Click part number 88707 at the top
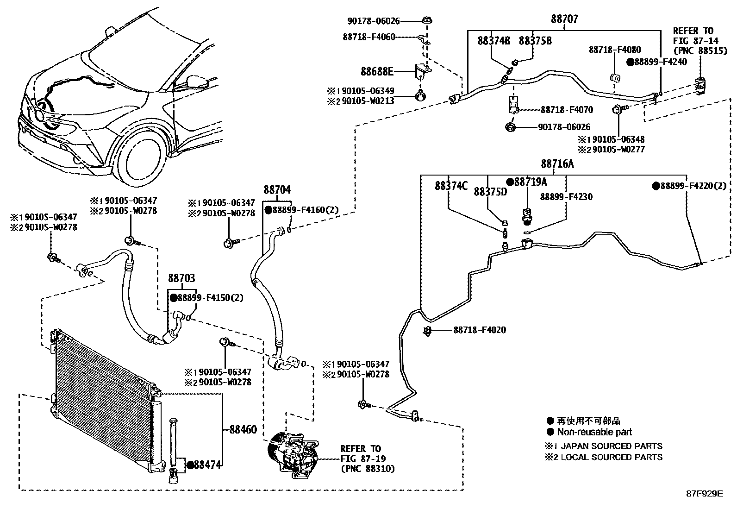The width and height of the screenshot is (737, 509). pos(564,19)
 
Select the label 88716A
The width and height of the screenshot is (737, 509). pos(557,164)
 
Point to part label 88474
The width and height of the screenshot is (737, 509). pos(206,465)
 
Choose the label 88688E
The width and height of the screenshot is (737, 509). pos(377,71)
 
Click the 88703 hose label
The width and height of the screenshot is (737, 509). pos(181,278)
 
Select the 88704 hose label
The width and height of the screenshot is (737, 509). pos(277,190)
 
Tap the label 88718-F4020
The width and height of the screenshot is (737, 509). pos(479,330)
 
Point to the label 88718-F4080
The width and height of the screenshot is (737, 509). pos(615,50)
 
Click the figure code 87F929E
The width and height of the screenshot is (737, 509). pos(704,494)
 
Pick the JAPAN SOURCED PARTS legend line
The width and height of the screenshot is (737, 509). pos(609,446)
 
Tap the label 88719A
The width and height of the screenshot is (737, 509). pos(530,182)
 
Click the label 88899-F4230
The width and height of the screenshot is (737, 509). pos(566,197)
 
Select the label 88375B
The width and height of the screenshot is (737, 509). pos(535,41)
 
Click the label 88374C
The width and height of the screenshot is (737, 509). pos(451,186)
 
